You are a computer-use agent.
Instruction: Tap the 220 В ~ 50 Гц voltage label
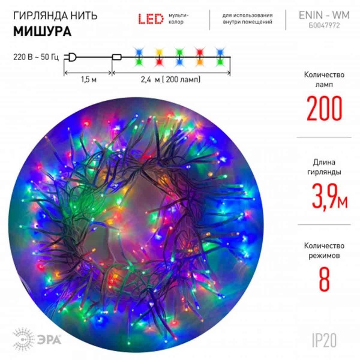pos(35,58)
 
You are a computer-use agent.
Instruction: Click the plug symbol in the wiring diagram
pos(73,58)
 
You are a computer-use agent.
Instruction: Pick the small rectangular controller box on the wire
pos(117,58)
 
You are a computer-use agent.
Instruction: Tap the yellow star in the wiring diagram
pos(159,57)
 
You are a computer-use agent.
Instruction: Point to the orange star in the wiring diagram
pos(200,57)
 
